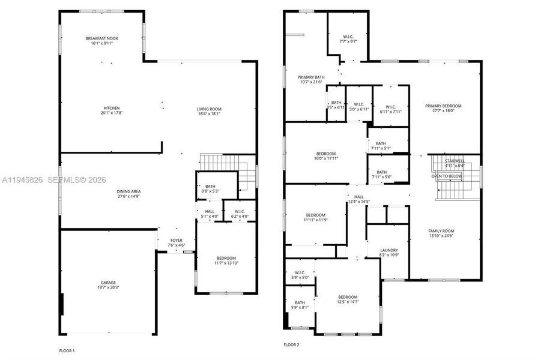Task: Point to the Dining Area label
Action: pos(128,191)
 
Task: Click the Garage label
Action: pos(108,283)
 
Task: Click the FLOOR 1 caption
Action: pos(66,350)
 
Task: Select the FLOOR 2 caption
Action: pos(291,345)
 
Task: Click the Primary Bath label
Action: pos(311,77)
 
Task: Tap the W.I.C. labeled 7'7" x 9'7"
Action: pos(348,38)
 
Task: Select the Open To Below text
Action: pos(446,176)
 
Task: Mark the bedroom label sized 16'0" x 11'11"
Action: pos(326,154)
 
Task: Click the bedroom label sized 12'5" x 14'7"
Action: pos(348,297)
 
